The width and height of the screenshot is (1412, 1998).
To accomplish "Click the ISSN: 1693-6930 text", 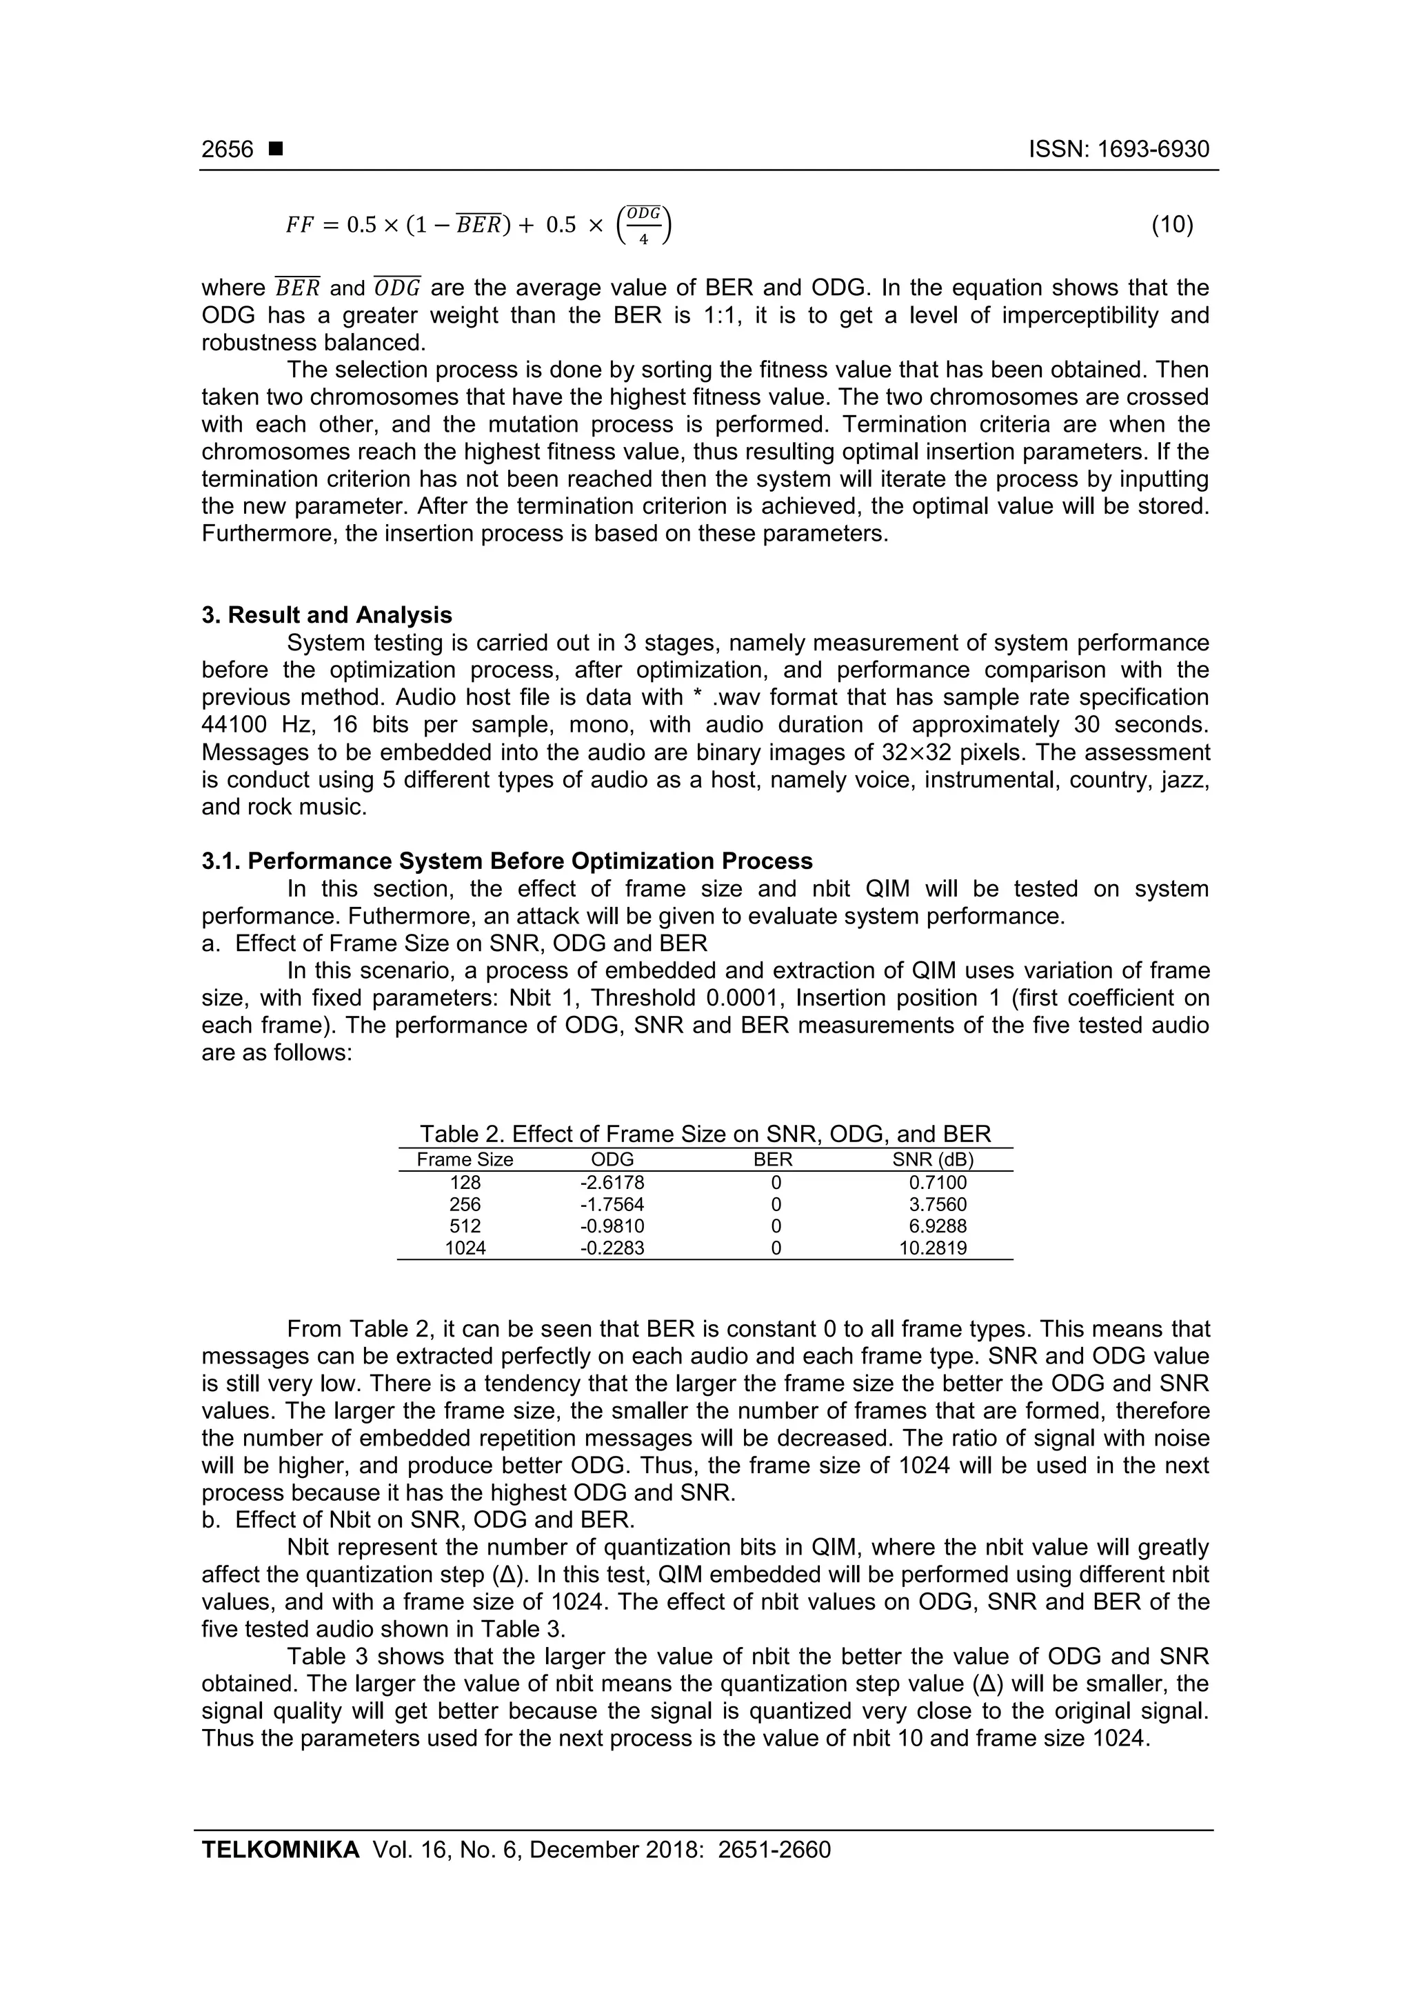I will tap(1119, 150).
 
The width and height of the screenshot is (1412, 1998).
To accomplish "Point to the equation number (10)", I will tap(1172, 226).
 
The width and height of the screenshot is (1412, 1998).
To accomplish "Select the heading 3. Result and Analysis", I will tap(326, 615).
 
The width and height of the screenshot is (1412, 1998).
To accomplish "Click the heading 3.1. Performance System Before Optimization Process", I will tap(507, 861).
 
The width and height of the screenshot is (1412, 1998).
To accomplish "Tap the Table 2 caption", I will tap(705, 1134).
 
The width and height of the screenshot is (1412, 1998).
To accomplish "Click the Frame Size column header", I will tap(465, 1160).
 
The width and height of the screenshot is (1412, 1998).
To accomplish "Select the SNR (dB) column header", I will tap(933, 1160).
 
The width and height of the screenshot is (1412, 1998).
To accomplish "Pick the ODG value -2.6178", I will tap(612, 1183).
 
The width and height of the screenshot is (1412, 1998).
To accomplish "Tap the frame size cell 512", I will tap(465, 1226).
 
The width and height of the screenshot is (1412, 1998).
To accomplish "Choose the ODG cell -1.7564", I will tap(612, 1204).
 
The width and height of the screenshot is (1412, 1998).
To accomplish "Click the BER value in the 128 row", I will tap(776, 1183).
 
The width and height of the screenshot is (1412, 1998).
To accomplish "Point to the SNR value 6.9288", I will tap(937, 1226).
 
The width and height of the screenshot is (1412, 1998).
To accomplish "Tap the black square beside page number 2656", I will tap(276, 150).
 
